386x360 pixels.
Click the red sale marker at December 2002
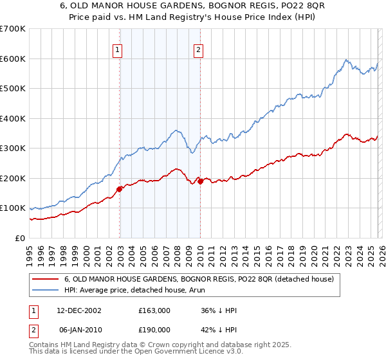coord(120,189)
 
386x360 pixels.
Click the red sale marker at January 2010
coord(200,181)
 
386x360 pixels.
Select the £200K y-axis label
coord(13,178)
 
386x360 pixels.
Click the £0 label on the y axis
coord(21,238)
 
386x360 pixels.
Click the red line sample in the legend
coord(46,280)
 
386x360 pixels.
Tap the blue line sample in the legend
coord(46,291)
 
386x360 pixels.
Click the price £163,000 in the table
coord(154,310)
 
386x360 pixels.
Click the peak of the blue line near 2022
coord(345,60)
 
